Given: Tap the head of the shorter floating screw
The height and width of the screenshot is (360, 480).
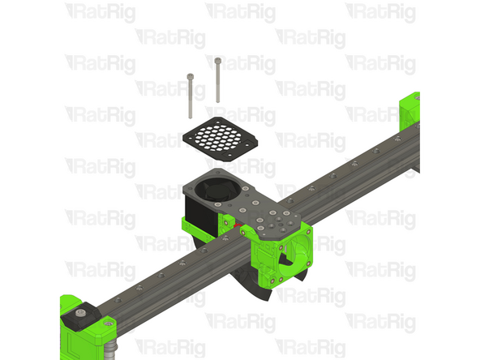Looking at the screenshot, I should pyautogui.click(x=189, y=76).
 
